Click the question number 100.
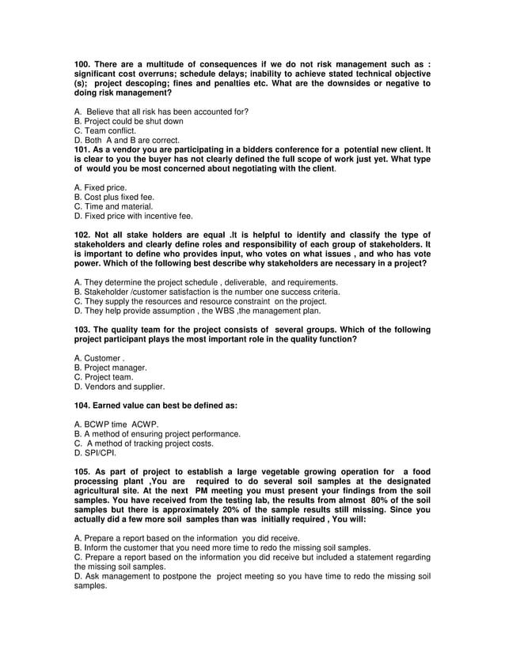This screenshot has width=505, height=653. pyautogui.click(x=83, y=63)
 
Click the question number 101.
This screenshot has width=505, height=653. pyautogui.click(x=83, y=149)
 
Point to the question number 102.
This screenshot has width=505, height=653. pyautogui.click(x=83, y=235)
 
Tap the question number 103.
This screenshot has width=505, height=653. pyautogui.click(x=83, y=330)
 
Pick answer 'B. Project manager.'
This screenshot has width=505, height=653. pyautogui.click(x=110, y=368)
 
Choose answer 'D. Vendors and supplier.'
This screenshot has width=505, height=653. pyautogui.click(x=119, y=387)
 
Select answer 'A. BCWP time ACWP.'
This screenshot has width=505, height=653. pyautogui.click(x=116, y=425)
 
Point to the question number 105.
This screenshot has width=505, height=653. pyautogui.click(x=83, y=472)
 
